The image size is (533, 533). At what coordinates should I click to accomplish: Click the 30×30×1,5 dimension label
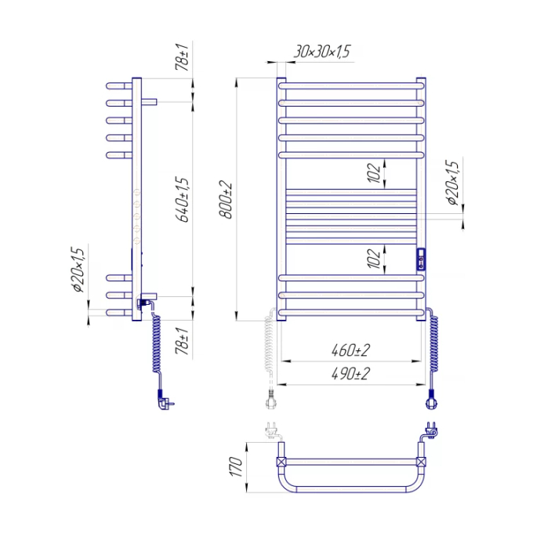(x=321, y=52)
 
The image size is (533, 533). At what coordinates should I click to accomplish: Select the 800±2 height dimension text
(x=226, y=200)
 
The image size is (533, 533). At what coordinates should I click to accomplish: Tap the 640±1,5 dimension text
(x=182, y=200)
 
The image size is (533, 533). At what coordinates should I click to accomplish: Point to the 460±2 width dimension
(x=350, y=350)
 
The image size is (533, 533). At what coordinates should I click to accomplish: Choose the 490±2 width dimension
(x=350, y=374)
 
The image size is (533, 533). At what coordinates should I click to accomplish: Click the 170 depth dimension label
(x=237, y=466)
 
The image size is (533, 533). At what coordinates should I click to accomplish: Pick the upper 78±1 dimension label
(x=182, y=56)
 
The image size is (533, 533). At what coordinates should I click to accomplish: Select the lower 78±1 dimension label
(x=182, y=341)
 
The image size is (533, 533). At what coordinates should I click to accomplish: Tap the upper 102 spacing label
(x=374, y=173)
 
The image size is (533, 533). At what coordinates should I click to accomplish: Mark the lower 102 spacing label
(x=374, y=259)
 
